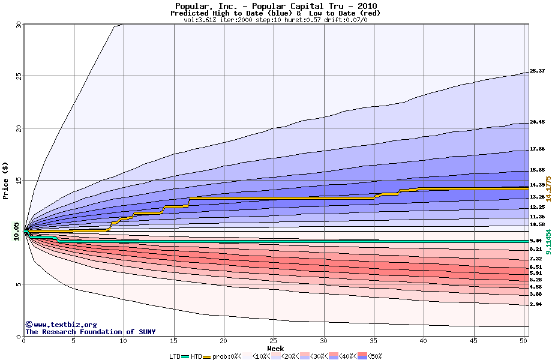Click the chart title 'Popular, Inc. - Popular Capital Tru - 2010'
point(275,5)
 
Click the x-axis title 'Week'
point(275,348)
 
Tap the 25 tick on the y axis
point(18,76)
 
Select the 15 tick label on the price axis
point(18,180)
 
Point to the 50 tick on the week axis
point(523,341)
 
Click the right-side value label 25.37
point(537,71)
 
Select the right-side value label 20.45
point(537,122)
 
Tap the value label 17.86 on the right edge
point(537,149)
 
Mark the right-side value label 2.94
point(536,305)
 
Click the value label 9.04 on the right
point(536,241)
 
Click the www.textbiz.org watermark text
point(61,325)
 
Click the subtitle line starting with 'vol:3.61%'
point(275,20)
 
